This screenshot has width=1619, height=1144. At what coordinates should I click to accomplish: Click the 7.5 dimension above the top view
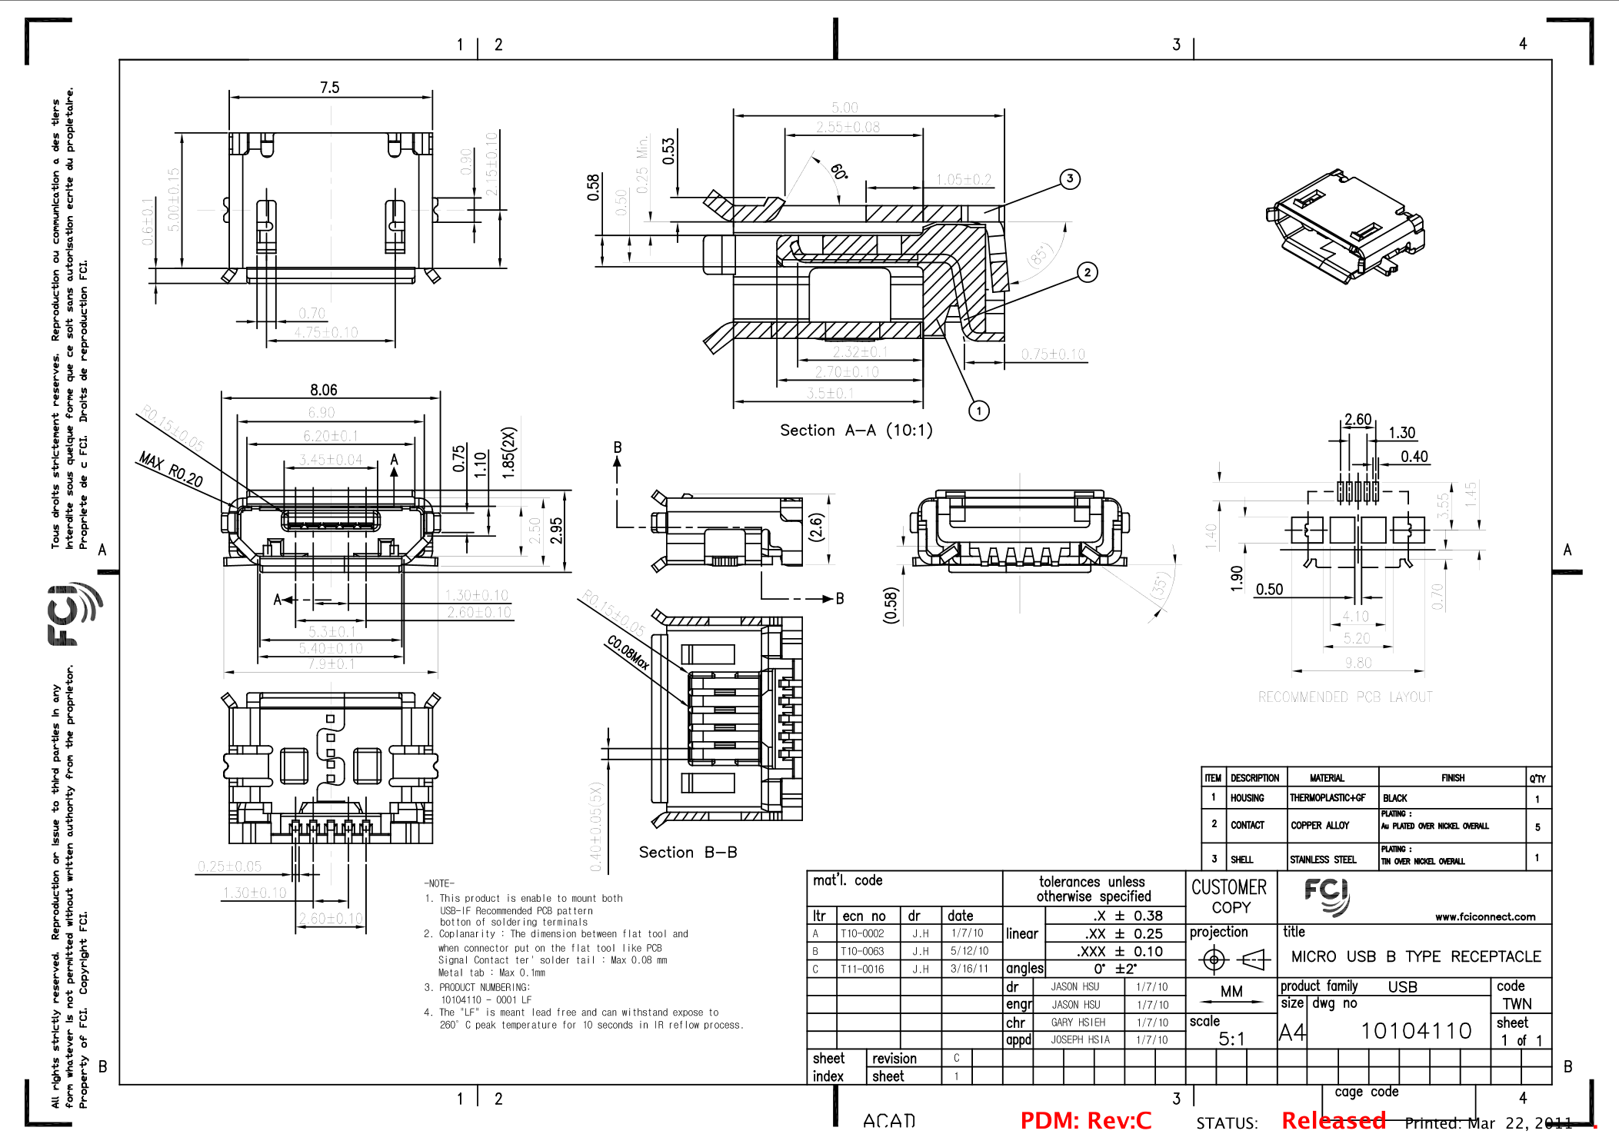coord(329,88)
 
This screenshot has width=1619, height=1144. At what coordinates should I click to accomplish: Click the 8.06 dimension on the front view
coord(324,391)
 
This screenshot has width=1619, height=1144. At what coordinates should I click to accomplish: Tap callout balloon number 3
coord(1070,179)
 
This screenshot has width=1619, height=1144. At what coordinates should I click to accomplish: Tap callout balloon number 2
coord(1087,272)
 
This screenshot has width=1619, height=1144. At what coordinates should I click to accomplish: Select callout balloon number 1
coord(978,411)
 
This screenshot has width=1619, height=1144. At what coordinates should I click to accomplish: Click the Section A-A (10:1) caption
coord(856,431)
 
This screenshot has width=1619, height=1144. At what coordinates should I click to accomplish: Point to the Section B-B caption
coord(688,852)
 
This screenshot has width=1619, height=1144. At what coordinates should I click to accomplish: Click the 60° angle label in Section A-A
coord(838,171)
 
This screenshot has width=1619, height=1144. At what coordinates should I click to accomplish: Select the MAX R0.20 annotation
coord(171,470)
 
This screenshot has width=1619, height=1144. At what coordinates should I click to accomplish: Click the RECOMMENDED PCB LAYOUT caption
coord(1345,697)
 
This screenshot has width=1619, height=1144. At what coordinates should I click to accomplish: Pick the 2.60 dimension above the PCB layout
coord(1357,420)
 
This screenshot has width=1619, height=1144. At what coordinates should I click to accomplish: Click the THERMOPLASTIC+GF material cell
coord(1328,798)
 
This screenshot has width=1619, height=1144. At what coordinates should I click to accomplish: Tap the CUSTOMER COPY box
coord(1230,896)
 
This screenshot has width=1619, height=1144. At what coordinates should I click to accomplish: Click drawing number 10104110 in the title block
coord(1416,1031)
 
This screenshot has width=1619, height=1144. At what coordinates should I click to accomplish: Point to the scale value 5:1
coord(1231,1039)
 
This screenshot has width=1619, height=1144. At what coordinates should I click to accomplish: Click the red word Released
coord(1333,1121)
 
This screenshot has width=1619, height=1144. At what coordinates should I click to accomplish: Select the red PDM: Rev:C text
coord(1085,1121)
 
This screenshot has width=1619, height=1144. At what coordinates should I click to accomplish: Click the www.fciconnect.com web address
coord(1484,916)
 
